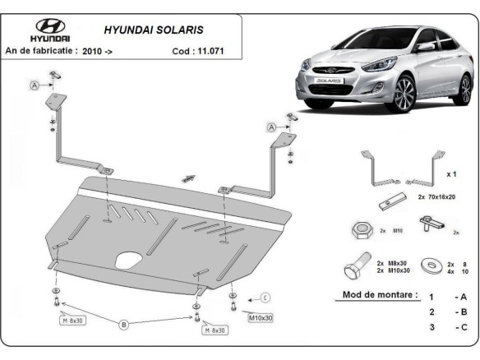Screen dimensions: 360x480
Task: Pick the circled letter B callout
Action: (x=125, y=325)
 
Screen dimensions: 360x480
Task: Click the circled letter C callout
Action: (x=265, y=298)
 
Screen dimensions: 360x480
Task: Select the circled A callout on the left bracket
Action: (x=34, y=85)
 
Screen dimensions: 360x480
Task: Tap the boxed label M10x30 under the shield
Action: (x=238, y=316)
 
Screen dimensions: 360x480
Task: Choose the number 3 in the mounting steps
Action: (x=430, y=328)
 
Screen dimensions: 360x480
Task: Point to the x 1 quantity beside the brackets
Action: (x=451, y=175)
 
